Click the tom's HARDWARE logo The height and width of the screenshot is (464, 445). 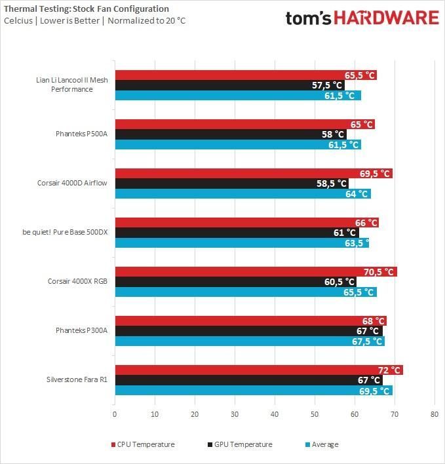tap(362, 18)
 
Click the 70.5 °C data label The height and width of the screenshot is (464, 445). tap(379, 272)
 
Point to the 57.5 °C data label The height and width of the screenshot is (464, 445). tap(327, 85)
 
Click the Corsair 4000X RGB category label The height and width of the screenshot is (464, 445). tap(77, 281)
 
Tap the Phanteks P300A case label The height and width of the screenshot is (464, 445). tap(81, 330)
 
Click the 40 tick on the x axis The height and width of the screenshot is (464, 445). tap(275, 414)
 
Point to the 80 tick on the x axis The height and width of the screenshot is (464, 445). tap(434, 414)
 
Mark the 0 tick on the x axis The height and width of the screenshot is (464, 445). tap(115, 414)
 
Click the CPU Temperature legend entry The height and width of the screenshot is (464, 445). tap(145, 444)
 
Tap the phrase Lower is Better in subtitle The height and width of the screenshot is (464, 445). tap(68, 21)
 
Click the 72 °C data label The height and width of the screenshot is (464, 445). tap(387, 370)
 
